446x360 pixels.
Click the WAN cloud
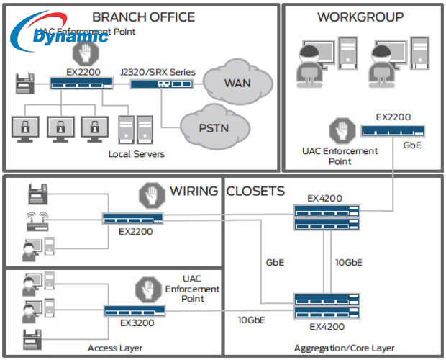click(x=237, y=83)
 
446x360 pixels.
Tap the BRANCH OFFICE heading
click(x=143, y=17)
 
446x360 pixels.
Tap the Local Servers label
click(x=137, y=154)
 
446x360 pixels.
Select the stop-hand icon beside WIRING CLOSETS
click(x=150, y=194)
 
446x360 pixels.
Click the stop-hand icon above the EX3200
click(x=147, y=289)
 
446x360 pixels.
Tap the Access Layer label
click(x=115, y=348)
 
